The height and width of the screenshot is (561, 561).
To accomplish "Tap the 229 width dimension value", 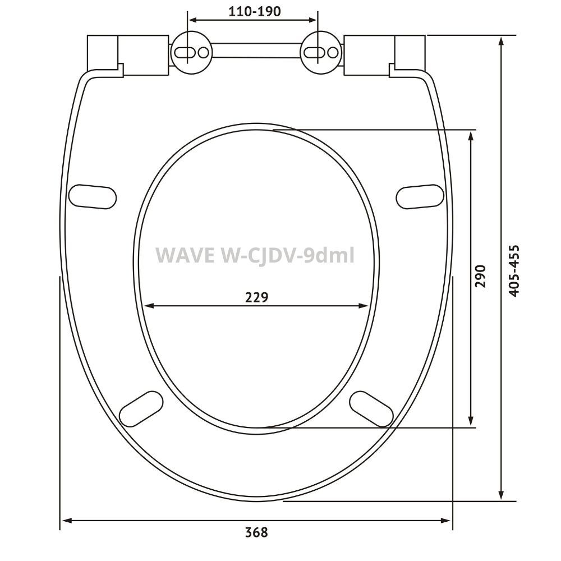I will click(257, 297).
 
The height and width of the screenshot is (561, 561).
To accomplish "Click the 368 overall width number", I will click(256, 532).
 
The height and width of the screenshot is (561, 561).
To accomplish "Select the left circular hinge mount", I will click(191, 52).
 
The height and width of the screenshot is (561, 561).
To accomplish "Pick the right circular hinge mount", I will click(321, 52).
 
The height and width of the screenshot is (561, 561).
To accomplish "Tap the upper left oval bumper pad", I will click(93, 195).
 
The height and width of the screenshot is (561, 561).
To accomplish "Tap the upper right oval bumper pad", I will click(421, 195).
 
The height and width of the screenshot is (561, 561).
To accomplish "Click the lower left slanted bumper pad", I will click(142, 410).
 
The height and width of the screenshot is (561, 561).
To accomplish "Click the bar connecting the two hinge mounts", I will click(256, 51).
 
